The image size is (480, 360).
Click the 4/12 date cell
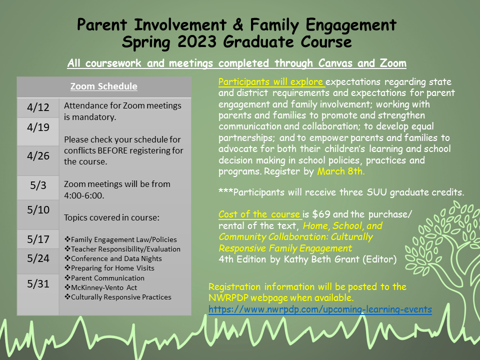click(x=38, y=107)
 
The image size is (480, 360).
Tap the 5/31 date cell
click(x=38, y=284)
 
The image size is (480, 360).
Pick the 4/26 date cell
click(x=38, y=155)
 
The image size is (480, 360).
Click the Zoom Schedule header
click(x=104, y=86)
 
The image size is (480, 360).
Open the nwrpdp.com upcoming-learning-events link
click(x=320, y=309)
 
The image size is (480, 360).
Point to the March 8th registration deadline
click(x=341, y=171)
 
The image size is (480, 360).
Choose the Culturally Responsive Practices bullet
click(x=120, y=297)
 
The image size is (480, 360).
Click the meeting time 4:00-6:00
click(x=84, y=195)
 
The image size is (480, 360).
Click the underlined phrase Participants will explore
click(x=271, y=81)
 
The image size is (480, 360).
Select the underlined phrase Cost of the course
click(x=259, y=214)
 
